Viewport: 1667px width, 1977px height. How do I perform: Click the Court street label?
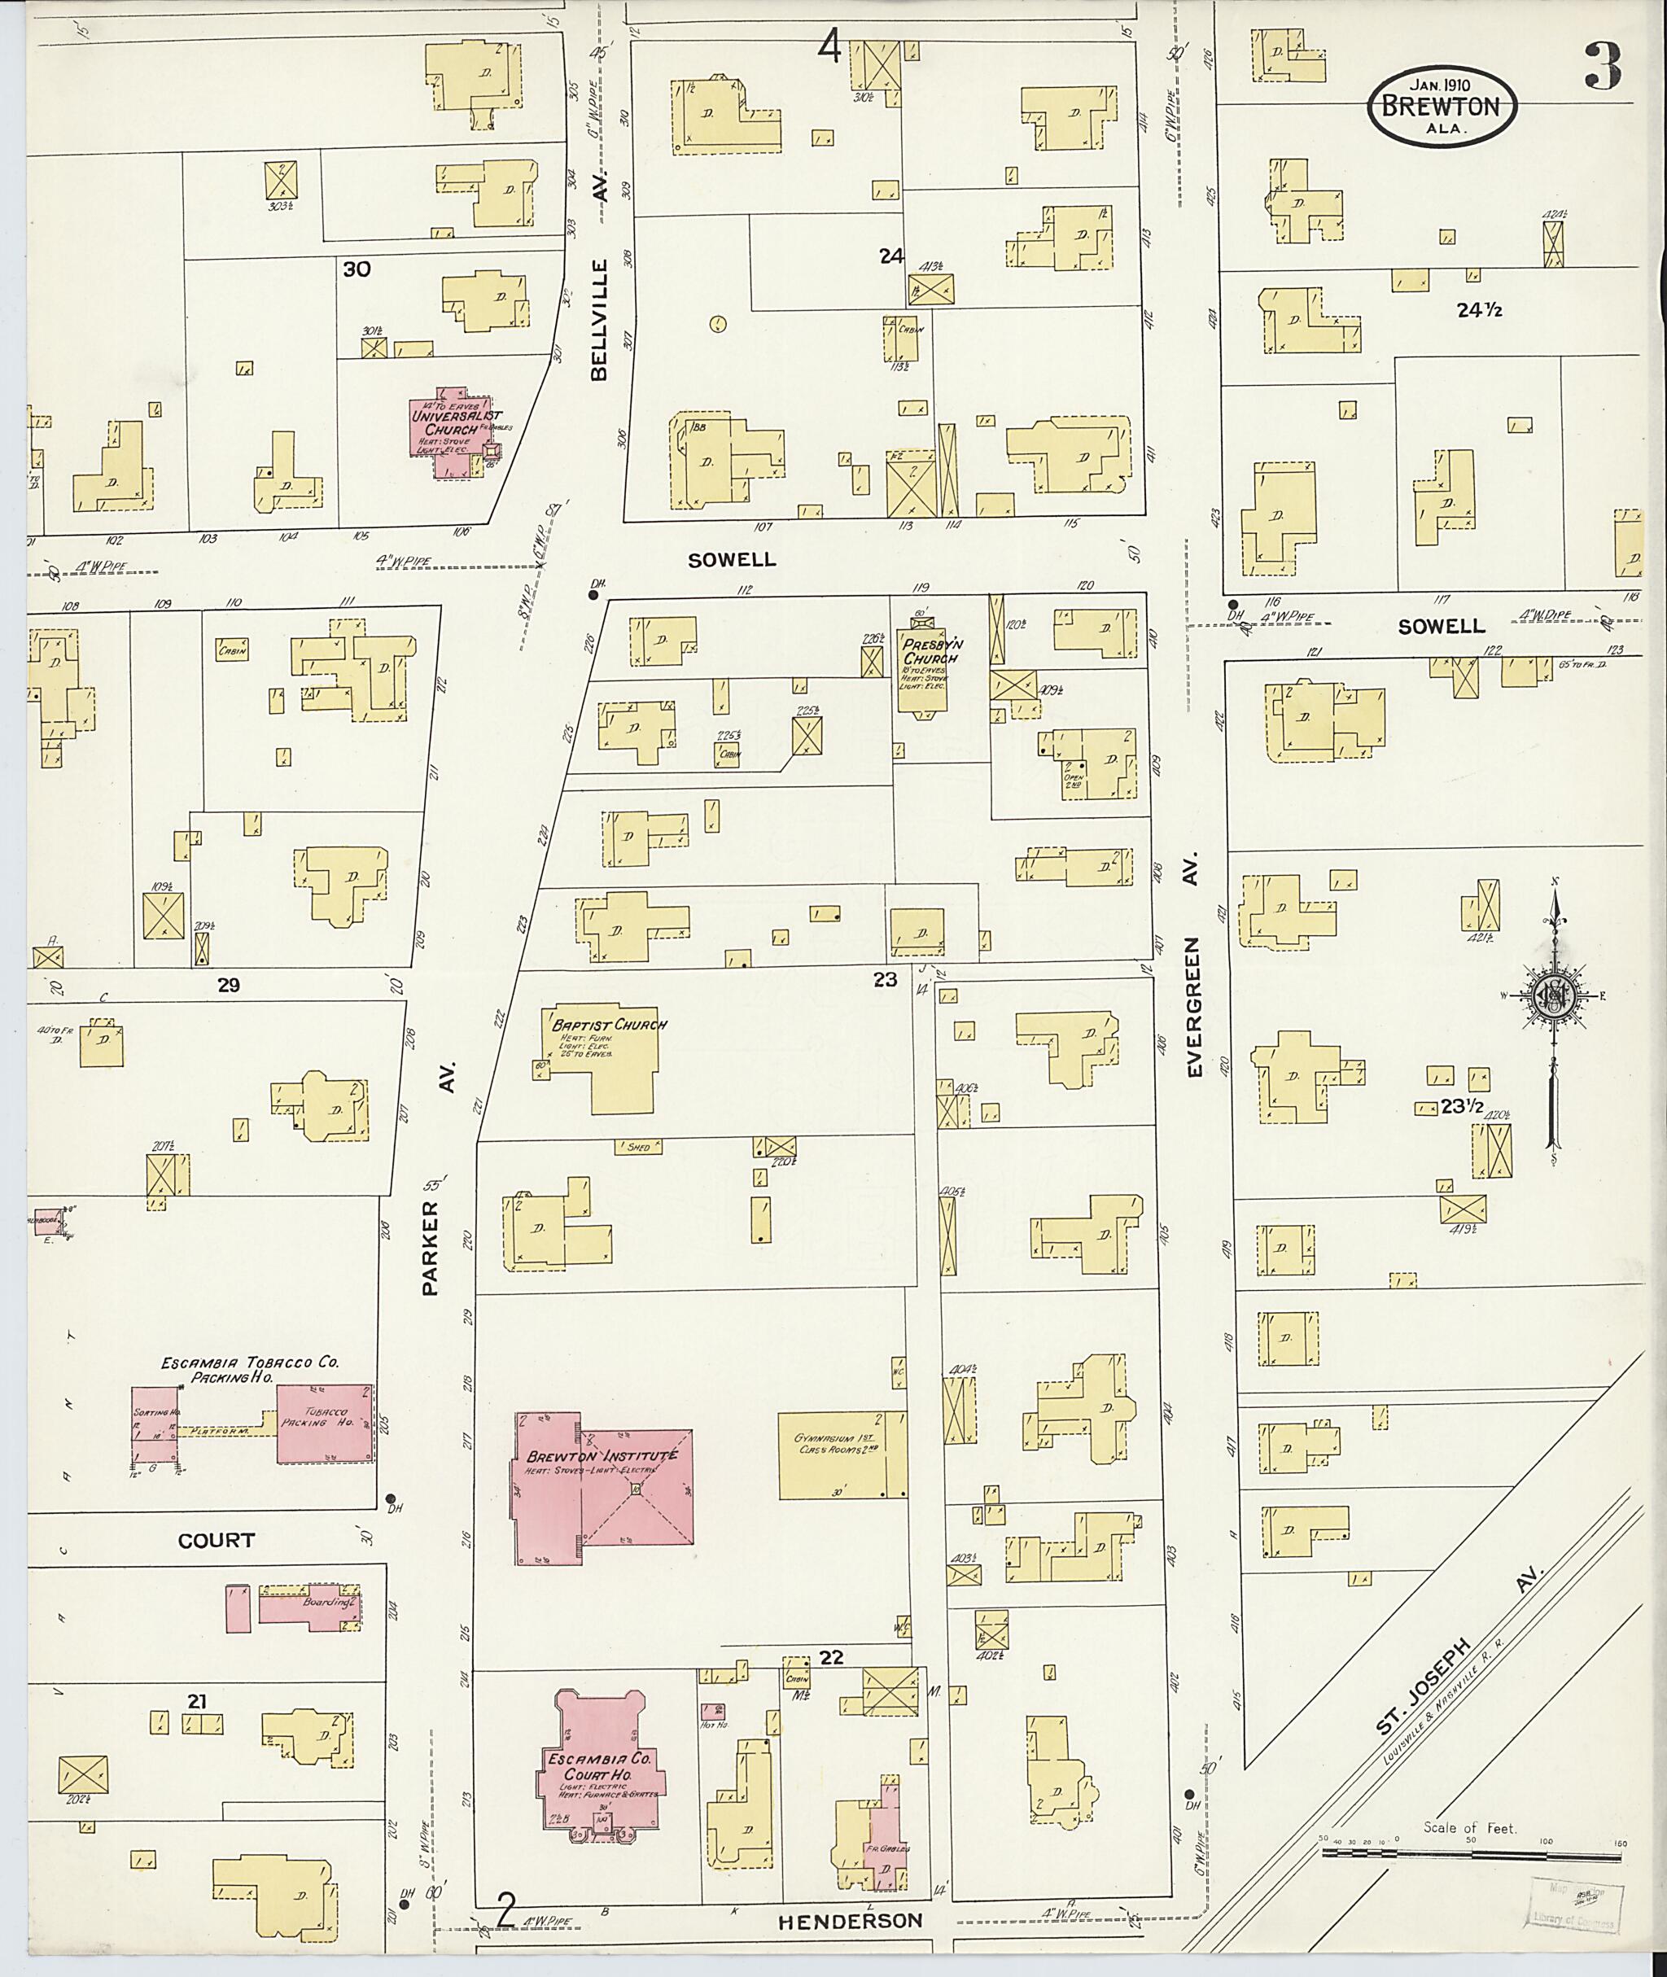click(217, 1539)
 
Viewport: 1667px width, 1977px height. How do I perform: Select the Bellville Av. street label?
click(600, 275)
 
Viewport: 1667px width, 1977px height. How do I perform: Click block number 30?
click(357, 269)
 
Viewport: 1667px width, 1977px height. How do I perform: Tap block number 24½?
click(1479, 309)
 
